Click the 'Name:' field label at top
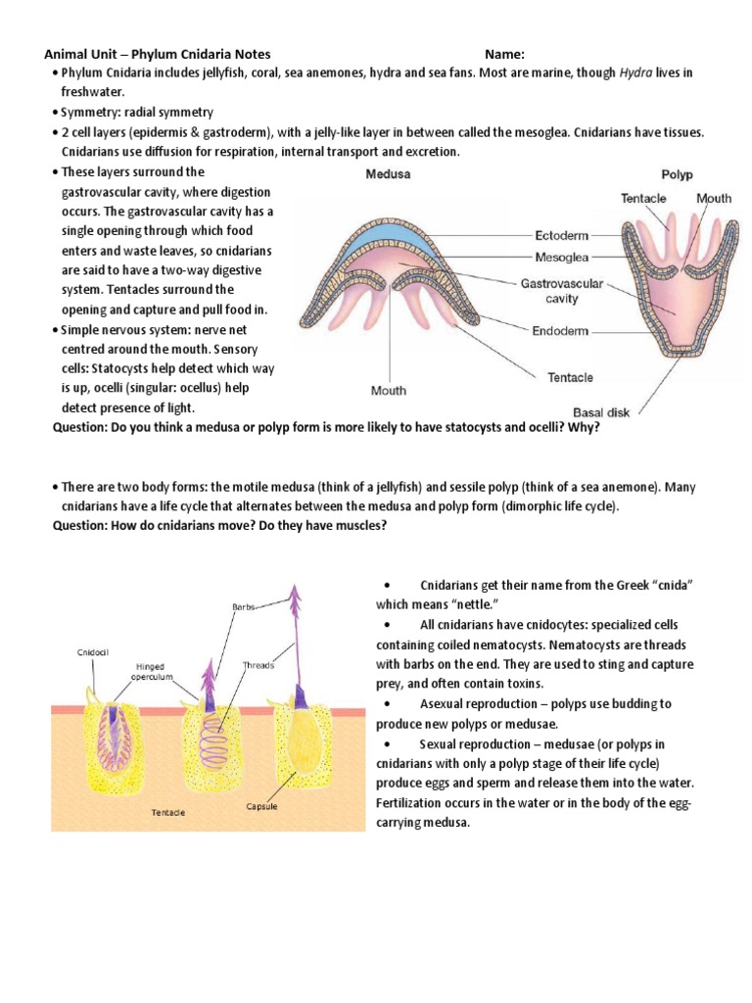point(504,55)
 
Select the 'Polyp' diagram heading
point(677,175)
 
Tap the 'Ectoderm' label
point(563,235)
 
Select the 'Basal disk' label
point(602,411)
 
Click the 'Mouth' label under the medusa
point(388,391)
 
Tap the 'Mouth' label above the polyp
point(713,199)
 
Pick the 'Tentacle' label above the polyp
point(643,199)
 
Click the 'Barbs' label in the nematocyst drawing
point(243,607)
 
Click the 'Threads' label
point(258,664)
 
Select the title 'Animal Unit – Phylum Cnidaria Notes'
point(158,55)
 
